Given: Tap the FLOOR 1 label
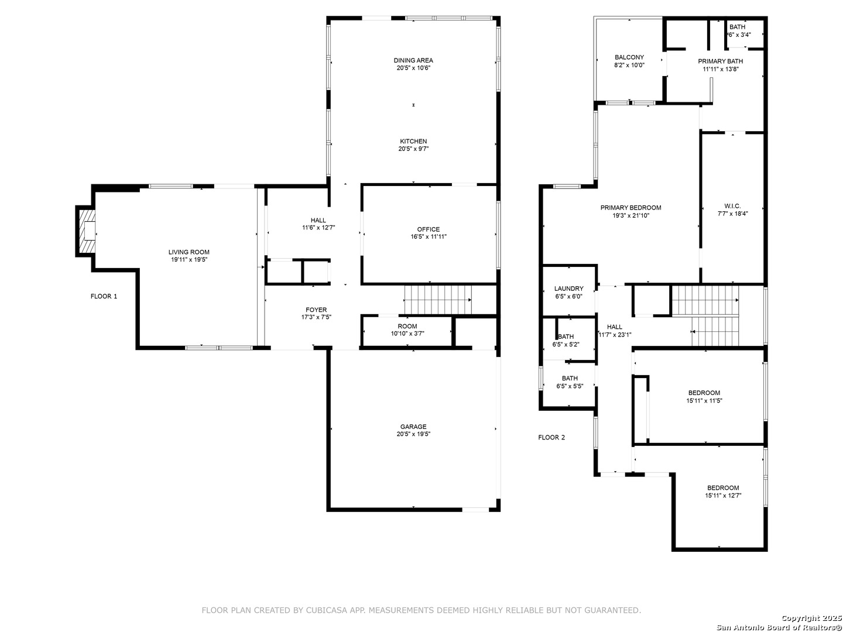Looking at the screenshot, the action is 104,296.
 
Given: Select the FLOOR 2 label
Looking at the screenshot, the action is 551,438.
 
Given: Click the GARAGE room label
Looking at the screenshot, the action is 413,427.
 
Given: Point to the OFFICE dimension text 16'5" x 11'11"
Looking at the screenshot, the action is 429,237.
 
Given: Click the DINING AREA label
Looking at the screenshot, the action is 413,60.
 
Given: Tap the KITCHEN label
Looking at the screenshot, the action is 413,141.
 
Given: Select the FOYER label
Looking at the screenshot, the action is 317,310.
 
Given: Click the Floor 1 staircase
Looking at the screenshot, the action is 438,300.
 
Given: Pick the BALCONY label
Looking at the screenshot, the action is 629,57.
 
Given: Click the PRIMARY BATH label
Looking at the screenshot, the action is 720,61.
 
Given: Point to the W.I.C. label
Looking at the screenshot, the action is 732,206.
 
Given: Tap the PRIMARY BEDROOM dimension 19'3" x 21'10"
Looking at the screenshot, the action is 630,216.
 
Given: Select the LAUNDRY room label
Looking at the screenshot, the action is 569,288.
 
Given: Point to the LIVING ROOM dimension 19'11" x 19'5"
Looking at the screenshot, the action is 189,260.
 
